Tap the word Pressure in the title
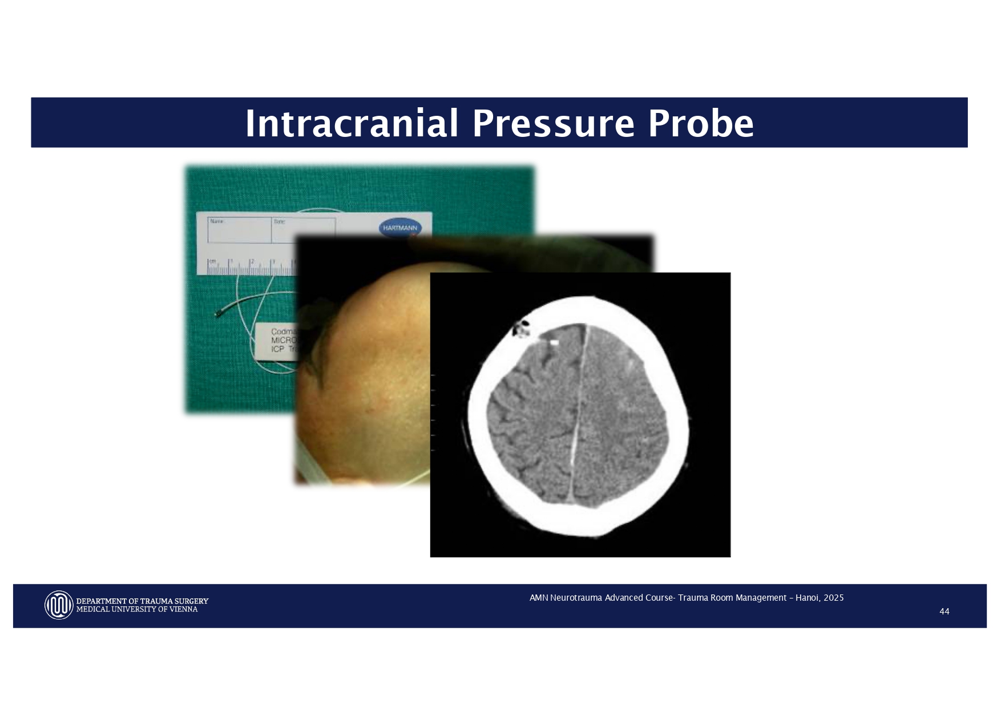553,124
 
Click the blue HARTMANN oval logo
400,228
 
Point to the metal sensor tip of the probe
220,313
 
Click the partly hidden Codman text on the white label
283,331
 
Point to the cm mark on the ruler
212,261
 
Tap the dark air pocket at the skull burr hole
520,327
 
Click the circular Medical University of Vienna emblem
59,605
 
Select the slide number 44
944,612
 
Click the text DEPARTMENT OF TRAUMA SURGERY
142,601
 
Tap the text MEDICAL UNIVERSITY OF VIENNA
137,609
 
